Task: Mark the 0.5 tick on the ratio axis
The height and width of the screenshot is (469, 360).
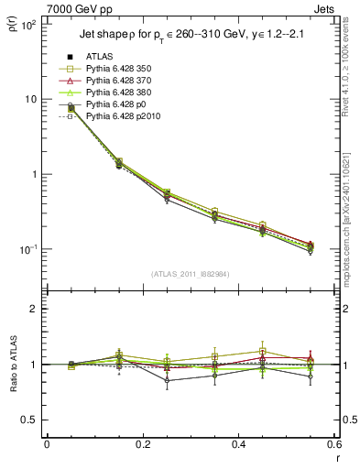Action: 32,420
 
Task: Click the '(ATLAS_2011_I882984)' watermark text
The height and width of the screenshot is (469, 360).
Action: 191,275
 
